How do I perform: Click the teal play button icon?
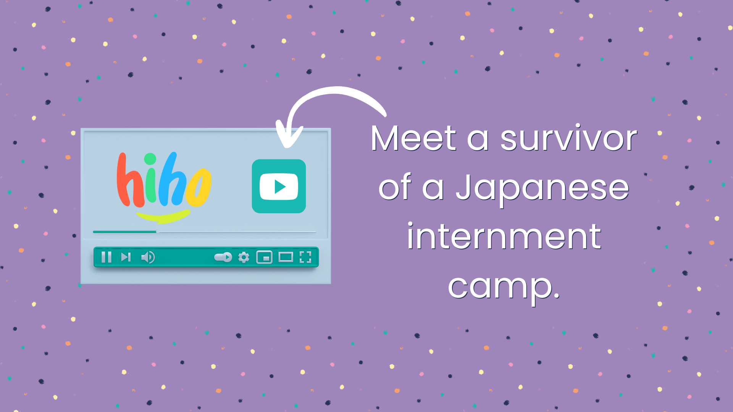point(279,186)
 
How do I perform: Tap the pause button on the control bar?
point(107,257)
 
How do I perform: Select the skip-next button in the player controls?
point(126,257)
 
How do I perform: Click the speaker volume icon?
point(148,257)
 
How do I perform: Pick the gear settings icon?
point(244,257)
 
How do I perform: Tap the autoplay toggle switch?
point(223,257)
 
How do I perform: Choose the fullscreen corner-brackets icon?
point(305,257)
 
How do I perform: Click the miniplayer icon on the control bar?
point(264,257)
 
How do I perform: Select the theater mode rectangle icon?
point(286,257)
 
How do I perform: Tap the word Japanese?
point(542,188)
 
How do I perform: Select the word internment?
point(504,236)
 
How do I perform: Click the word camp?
point(504,287)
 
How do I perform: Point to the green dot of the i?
point(150,159)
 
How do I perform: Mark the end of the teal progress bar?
point(157,232)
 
